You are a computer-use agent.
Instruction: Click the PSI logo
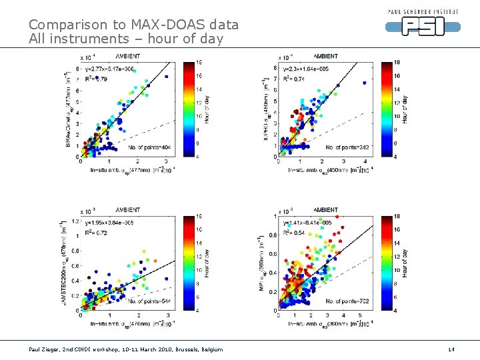423,25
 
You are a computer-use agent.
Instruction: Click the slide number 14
451,349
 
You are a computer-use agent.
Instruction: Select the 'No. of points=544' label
146,301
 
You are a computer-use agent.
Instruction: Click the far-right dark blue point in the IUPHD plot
365,83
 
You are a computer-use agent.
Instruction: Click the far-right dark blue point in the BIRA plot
167,77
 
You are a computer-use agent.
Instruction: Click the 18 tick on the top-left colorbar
199,62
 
